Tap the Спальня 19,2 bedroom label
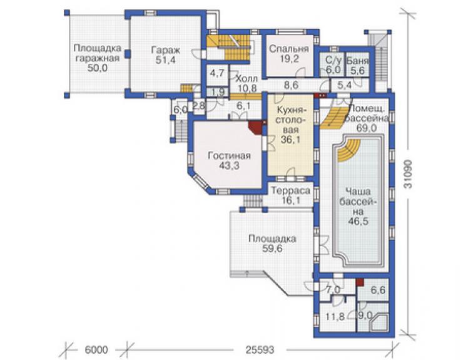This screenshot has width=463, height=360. pos(289,53)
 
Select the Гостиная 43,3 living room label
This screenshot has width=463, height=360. pos(229,160)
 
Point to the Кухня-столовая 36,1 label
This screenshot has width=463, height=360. pos(290,125)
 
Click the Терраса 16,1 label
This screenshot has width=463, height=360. pos(290,195)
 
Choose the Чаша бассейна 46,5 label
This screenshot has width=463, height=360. pos(359,207)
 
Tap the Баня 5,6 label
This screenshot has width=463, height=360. pos(358,66)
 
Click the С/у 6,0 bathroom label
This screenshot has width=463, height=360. pos(333,65)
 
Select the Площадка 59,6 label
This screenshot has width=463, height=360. pos(272,244)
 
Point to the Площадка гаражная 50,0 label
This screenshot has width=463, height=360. pos(98,58)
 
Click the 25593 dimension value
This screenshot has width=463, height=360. pos(260,350)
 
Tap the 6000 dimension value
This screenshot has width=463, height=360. pos(96,350)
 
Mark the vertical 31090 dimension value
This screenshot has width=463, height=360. pos(408,175)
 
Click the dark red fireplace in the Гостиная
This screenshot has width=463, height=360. pos(255,127)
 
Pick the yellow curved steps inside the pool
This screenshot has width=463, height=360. pos(349,150)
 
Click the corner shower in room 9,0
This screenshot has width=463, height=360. pos(379,322)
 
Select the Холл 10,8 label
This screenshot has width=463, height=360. pos(247,83)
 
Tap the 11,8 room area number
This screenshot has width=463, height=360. pos(335,317)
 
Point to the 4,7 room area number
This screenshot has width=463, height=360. pos(217,73)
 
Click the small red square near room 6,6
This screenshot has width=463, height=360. pos(359,282)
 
